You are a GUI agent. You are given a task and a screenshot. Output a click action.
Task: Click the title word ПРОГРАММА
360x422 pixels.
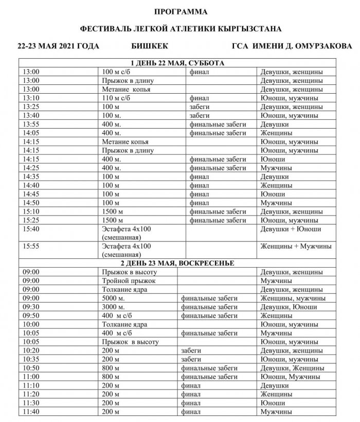click(x=179, y=11)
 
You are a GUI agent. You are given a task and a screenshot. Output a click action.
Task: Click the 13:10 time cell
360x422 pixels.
click(x=31, y=98)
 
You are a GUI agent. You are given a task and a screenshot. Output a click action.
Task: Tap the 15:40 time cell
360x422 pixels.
click(x=31, y=228)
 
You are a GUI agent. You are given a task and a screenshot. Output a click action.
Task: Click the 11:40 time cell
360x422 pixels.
click(x=31, y=412)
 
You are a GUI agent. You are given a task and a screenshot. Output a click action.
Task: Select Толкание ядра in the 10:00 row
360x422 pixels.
click(x=125, y=324)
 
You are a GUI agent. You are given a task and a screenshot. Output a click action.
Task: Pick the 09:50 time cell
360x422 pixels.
click(x=31, y=315)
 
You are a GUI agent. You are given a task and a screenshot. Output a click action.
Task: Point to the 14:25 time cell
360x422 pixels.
click(x=31, y=168)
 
